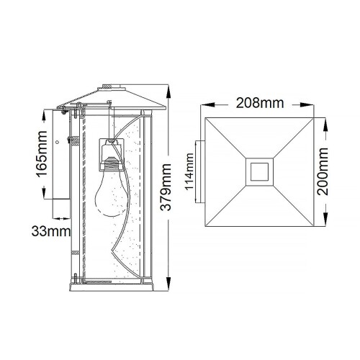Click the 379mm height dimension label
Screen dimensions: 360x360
[168, 189]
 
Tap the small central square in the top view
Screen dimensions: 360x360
[258, 171]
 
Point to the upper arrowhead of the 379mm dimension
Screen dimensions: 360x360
[168, 92]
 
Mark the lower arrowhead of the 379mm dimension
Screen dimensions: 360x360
[168, 287]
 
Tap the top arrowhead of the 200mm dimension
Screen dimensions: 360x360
[327, 121]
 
